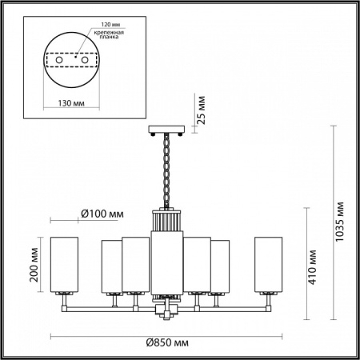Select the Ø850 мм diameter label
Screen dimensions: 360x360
tap(169, 342)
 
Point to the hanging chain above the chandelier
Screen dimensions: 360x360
tap(166, 168)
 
